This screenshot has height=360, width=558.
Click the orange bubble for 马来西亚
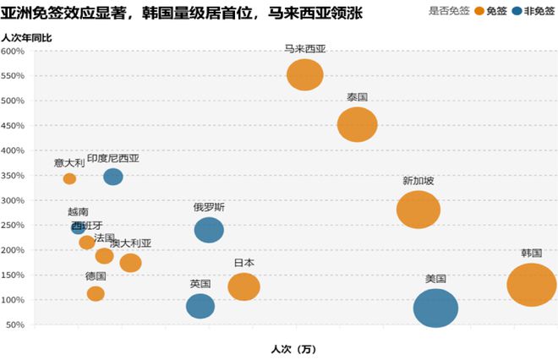[x=305, y=74]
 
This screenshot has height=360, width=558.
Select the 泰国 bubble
[x=357, y=124]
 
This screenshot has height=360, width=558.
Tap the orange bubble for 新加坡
[x=418, y=210]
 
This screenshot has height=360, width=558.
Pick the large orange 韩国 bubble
[x=531, y=284]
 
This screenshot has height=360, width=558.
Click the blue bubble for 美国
[x=435, y=308]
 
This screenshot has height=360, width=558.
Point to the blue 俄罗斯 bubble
[x=209, y=229]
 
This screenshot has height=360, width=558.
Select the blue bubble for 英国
[x=200, y=305]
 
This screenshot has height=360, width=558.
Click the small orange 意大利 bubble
[x=69, y=178]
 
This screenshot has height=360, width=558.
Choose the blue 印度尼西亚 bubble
[x=113, y=177]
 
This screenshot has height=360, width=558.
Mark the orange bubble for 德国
[x=96, y=293]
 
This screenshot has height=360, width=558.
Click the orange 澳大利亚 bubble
[x=130, y=263]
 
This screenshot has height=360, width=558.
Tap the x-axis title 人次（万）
[x=293, y=348]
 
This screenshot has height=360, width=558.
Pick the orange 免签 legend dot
[x=479, y=11]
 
